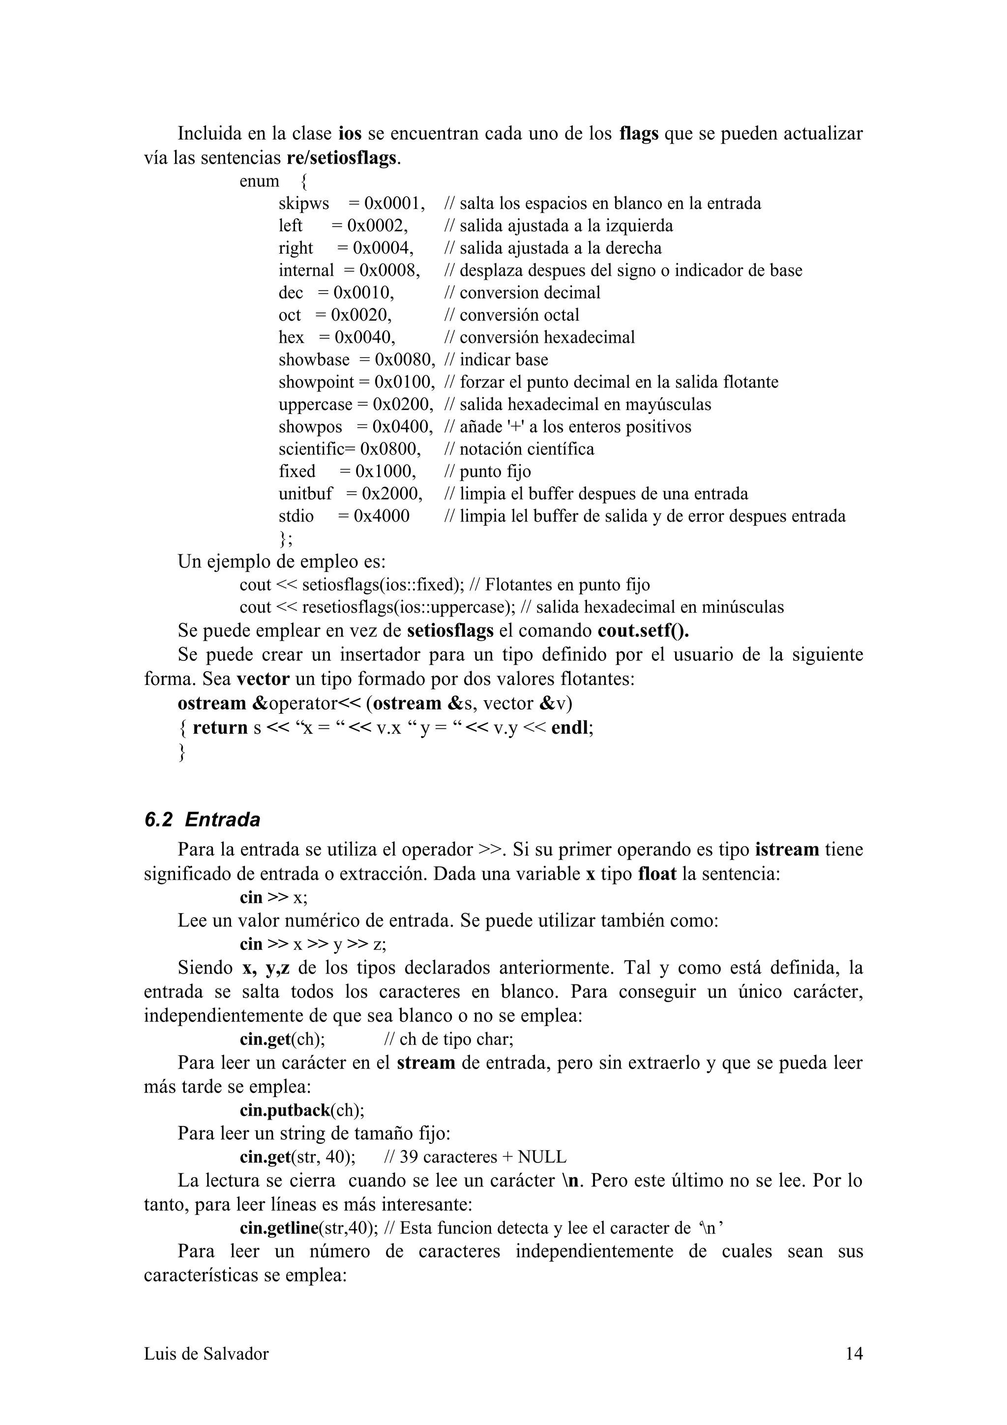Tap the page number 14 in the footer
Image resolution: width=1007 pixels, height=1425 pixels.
854,1353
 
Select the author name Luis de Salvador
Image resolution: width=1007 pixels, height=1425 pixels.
206,1353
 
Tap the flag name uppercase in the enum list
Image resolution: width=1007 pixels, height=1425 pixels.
315,404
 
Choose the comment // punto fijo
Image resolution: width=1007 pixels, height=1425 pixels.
488,471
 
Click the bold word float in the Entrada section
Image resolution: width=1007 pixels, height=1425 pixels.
657,874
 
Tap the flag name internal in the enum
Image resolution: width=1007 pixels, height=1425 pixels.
306,270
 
